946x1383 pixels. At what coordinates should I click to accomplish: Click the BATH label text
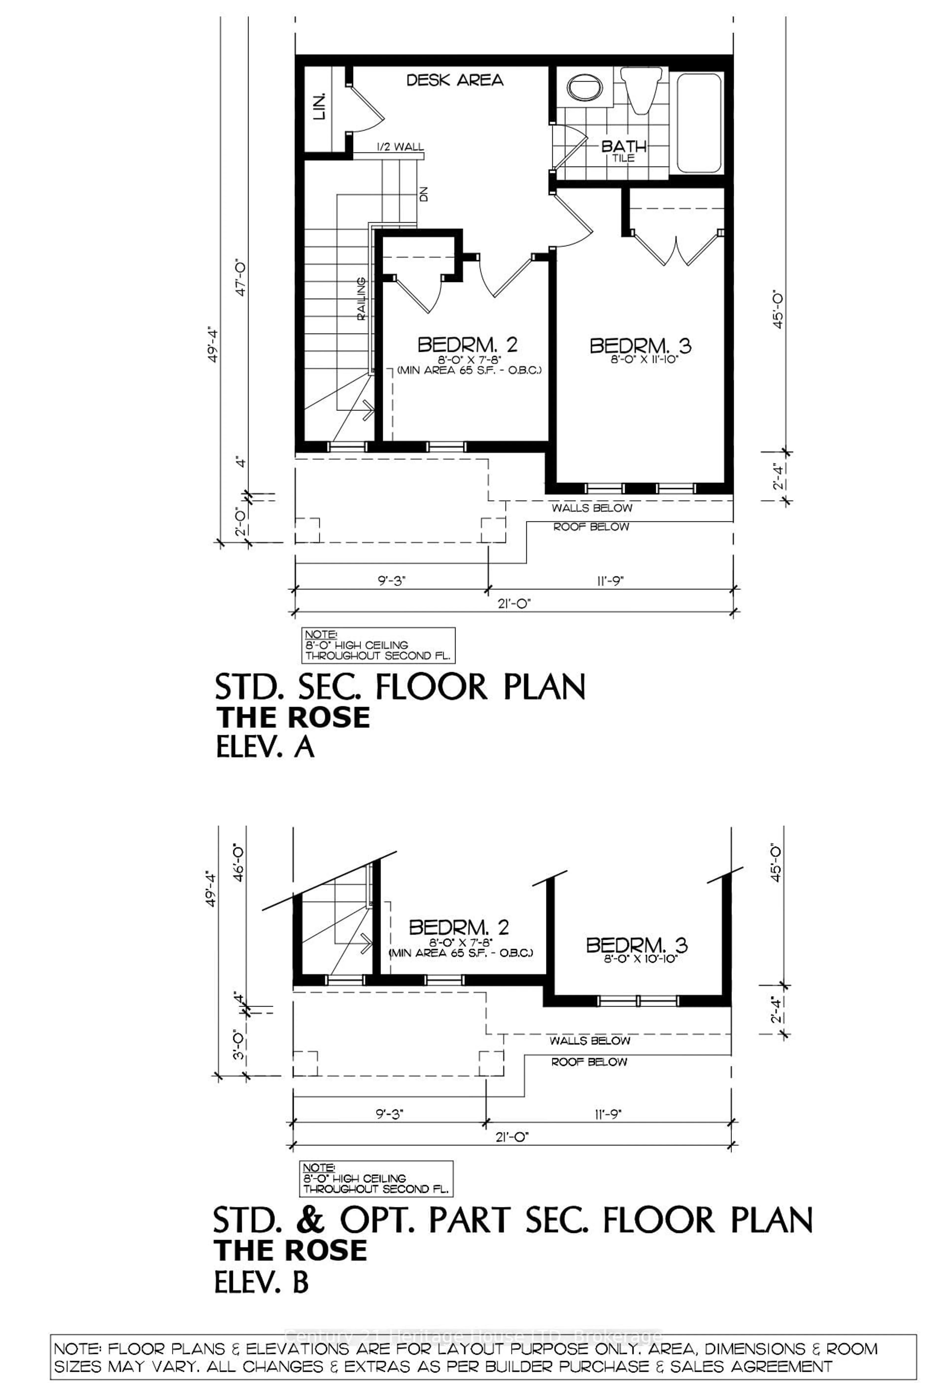pos(623,146)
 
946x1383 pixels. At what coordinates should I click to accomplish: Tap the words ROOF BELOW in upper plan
pos(591,527)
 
